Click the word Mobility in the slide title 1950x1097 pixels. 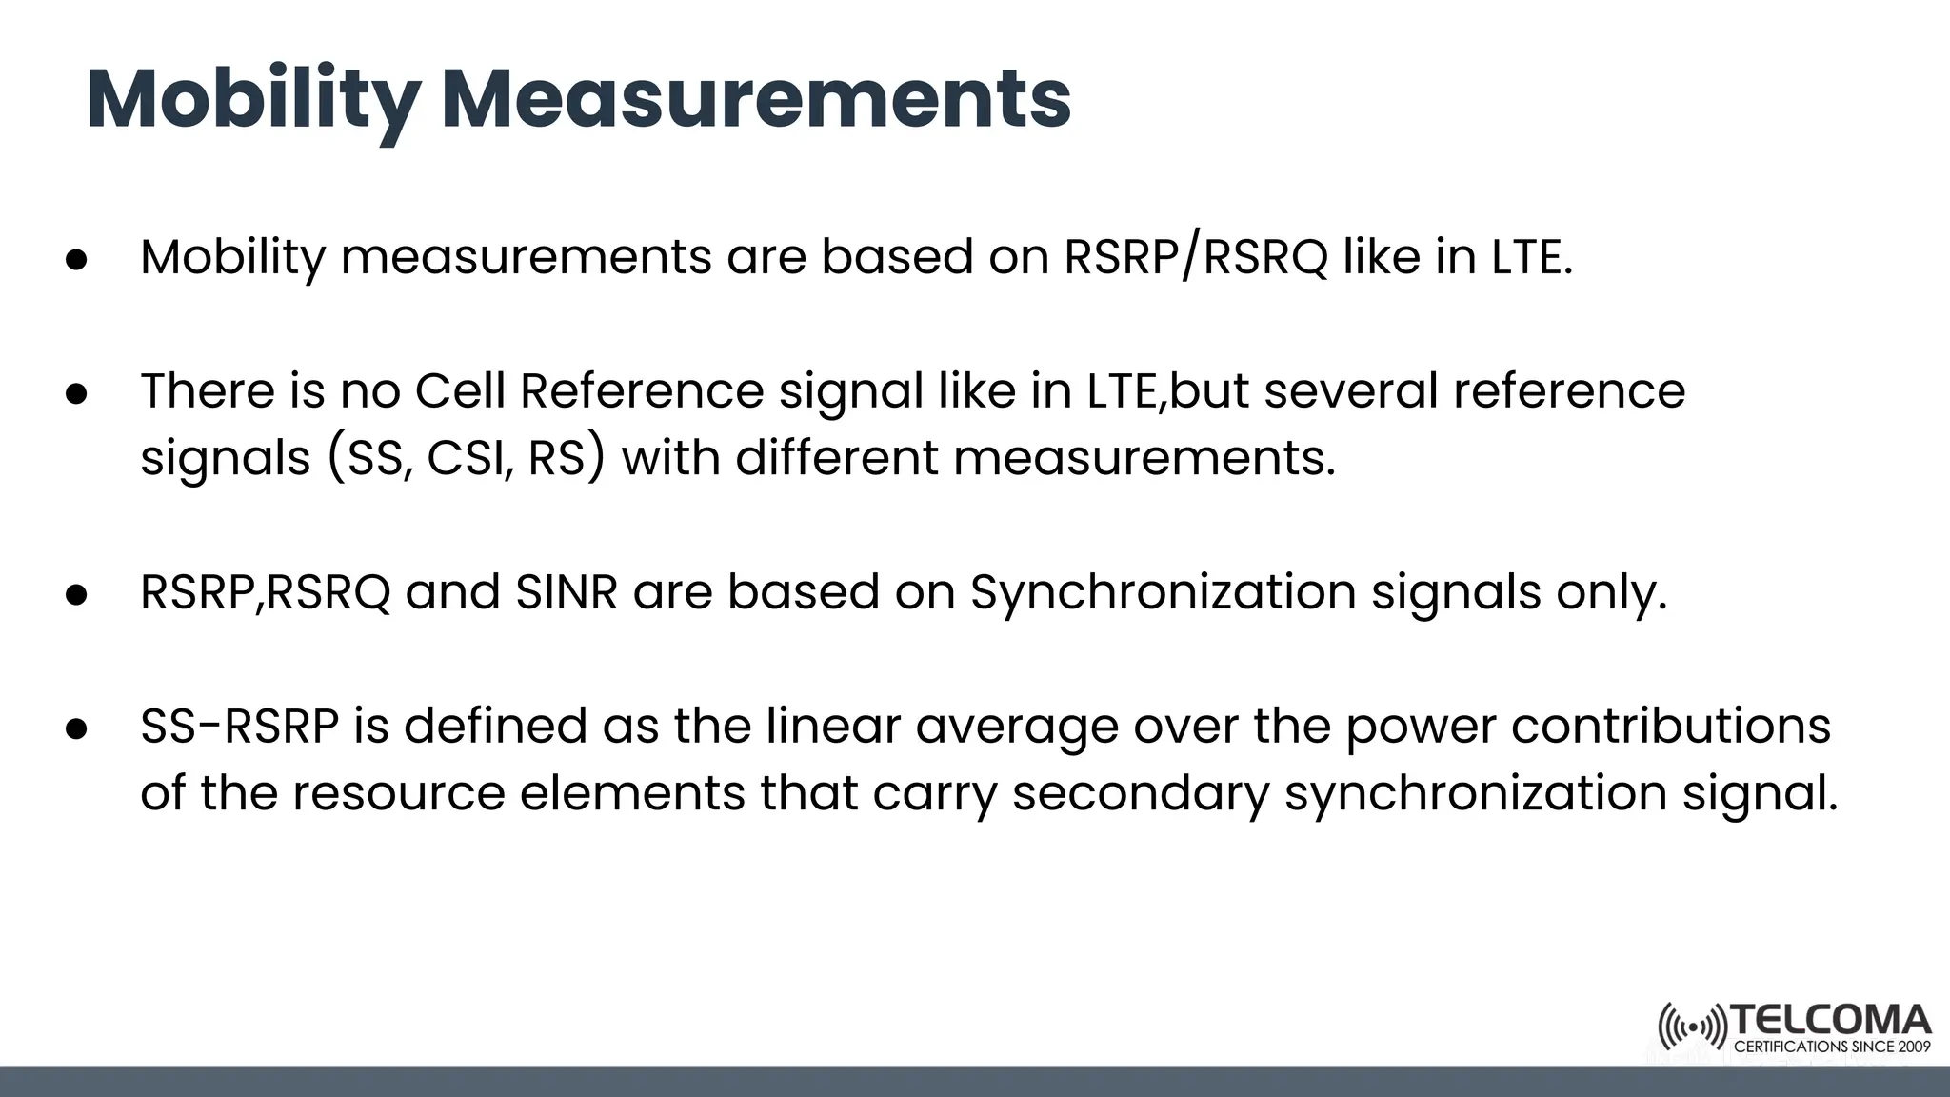(x=253, y=99)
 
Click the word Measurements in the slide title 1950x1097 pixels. (x=757, y=99)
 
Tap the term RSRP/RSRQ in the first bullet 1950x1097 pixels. (x=1195, y=257)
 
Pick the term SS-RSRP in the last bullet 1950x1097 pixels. (x=240, y=727)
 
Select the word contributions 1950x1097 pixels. (x=1670, y=727)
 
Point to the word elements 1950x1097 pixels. (x=631, y=794)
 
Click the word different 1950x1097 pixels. (x=837, y=459)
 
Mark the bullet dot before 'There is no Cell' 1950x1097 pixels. (x=77, y=393)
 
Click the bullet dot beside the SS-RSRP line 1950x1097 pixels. (x=77, y=728)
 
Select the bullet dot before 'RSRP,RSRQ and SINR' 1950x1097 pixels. (x=77, y=594)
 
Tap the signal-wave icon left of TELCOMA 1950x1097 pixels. (x=1692, y=1027)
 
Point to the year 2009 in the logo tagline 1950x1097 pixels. (x=1914, y=1047)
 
